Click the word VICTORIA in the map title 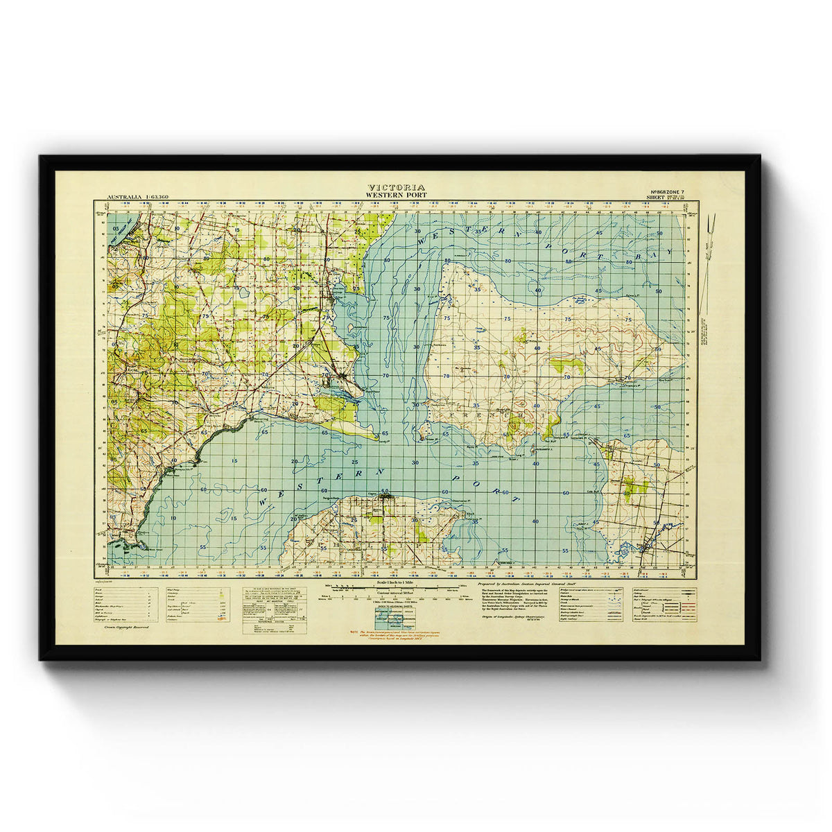[397, 187]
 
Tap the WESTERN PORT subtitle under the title [397, 195]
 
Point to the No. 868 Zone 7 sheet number [666, 191]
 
